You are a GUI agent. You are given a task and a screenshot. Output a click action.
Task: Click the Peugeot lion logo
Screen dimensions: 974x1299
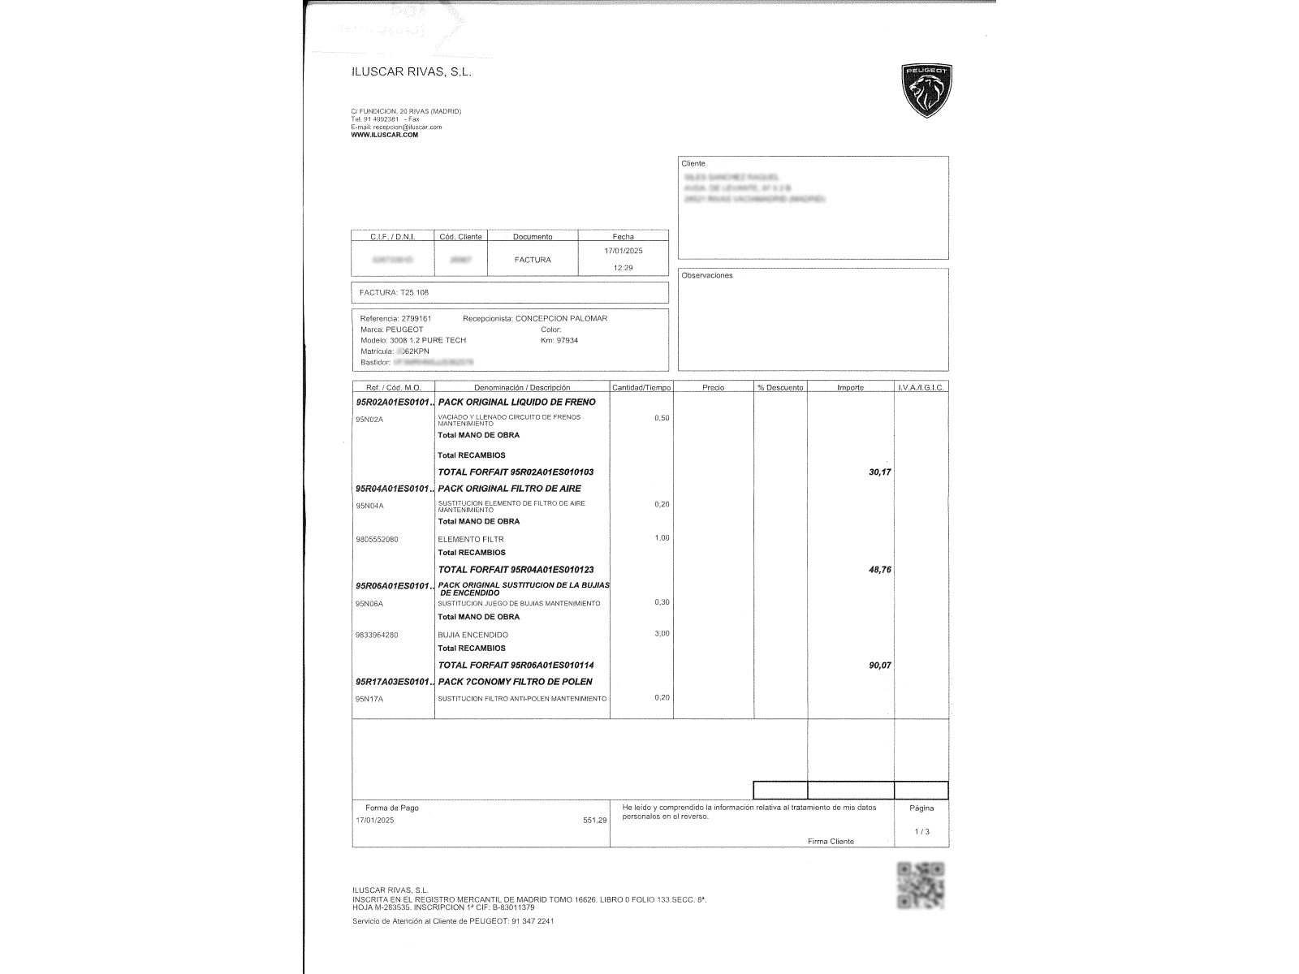[926, 90]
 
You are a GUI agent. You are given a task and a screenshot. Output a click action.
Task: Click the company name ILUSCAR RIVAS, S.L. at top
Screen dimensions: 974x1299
[411, 71]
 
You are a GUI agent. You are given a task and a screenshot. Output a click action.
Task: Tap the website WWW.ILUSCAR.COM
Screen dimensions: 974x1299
[385, 135]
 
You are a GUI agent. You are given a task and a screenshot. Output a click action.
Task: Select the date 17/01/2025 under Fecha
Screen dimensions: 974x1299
[624, 252]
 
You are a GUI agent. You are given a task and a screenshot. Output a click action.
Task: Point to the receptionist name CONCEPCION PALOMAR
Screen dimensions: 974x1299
[561, 318]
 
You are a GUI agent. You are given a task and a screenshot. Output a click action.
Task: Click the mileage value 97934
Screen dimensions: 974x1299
[567, 340]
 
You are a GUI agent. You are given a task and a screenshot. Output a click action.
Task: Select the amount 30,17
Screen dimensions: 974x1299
[880, 472]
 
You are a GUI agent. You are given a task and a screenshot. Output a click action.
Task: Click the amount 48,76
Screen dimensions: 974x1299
[880, 570]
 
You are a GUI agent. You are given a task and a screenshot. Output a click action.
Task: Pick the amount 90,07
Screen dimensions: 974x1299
[880, 666]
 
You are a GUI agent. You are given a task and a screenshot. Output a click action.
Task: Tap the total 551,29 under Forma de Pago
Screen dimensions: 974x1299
[594, 821]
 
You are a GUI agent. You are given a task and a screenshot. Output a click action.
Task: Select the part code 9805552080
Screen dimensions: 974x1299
[378, 539]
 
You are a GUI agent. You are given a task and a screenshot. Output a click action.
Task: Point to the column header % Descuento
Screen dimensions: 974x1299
[780, 388]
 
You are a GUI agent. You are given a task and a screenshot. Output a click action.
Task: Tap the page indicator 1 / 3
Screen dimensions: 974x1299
[921, 832]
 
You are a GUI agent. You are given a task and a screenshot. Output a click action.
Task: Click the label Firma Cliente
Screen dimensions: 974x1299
[831, 842]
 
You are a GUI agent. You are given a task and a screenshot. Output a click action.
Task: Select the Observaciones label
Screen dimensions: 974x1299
[707, 276]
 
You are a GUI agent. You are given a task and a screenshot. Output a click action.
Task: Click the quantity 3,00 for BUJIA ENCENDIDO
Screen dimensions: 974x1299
[662, 633]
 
